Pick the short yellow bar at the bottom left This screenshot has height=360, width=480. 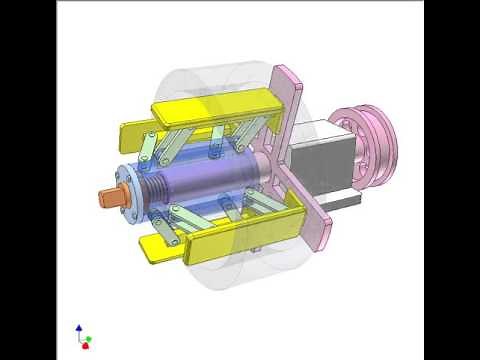[x=160, y=249]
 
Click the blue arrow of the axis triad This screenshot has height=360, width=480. [x=80, y=328]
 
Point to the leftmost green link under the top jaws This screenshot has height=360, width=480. [x=148, y=149]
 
